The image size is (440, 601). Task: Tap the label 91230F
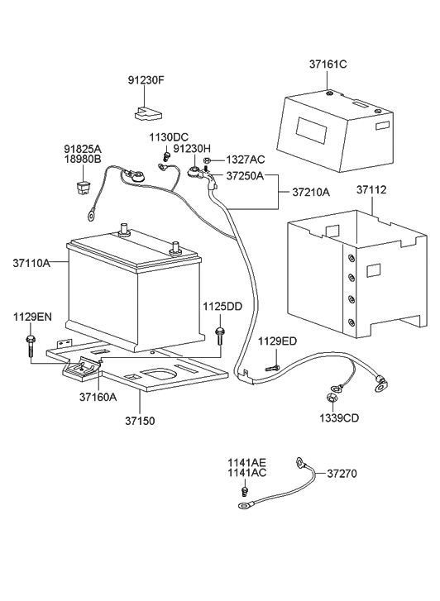coord(146,81)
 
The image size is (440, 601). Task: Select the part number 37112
coord(371,190)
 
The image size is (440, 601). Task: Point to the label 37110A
coord(31,264)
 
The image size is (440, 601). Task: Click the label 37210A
coord(311,193)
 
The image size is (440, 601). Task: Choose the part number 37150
coord(140,421)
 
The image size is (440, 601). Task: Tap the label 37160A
coord(98,396)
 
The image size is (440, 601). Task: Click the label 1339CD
coord(340,417)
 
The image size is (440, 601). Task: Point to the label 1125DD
coord(222,307)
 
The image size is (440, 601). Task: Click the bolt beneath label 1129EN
coord(31,343)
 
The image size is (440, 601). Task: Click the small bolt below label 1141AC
coord(245,493)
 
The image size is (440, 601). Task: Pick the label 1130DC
coord(169,136)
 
